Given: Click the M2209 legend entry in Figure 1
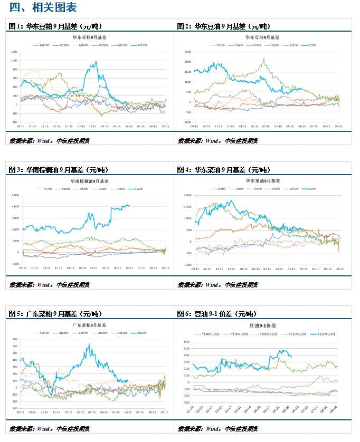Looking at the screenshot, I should [x=142, y=45].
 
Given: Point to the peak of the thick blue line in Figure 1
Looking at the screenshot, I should [x=96, y=62].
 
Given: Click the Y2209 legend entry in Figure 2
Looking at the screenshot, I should [x=311, y=45].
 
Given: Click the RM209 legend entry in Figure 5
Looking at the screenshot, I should [x=141, y=333].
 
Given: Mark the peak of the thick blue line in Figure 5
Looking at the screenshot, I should [x=89, y=344].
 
